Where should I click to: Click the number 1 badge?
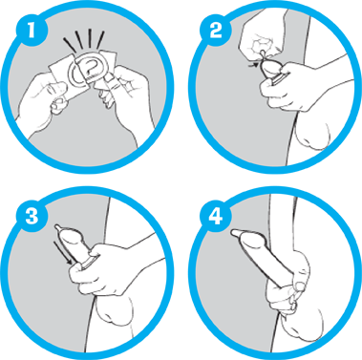coord(32,32)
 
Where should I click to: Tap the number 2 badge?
coord(216,32)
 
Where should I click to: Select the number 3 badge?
coord(32,216)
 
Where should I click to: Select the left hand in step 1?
coord(45,97)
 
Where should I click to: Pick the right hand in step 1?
coord(127,95)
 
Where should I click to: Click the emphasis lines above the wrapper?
coord(84,41)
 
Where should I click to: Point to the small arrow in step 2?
coord(253,65)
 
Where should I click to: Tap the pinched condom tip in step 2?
coord(262,54)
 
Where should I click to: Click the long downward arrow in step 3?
coord(62,252)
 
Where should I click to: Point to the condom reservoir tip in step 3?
coord(57,227)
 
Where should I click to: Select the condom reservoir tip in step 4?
coord(235,233)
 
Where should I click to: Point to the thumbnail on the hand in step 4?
coord(299,286)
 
